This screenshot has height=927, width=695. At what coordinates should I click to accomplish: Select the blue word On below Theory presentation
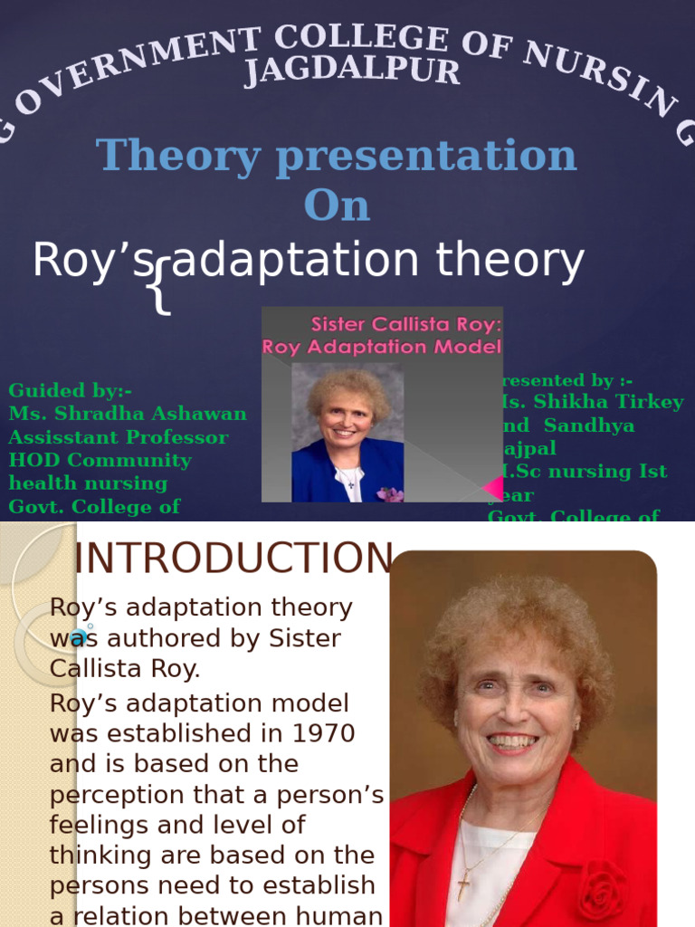tap(337, 205)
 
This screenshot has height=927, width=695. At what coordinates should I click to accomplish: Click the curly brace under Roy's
tap(161, 287)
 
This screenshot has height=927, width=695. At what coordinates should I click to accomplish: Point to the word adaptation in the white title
tap(296, 262)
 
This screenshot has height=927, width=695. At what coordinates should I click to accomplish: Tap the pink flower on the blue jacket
tap(390, 493)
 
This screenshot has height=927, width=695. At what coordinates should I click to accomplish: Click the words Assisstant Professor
tap(118, 437)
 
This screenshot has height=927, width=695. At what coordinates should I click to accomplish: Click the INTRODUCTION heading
tap(233, 558)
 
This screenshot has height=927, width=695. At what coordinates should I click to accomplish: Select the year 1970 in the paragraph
tap(319, 732)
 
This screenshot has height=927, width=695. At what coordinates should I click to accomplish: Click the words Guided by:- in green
tap(71, 390)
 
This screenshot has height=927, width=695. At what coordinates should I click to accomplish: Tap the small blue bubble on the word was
tap(78, 636)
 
